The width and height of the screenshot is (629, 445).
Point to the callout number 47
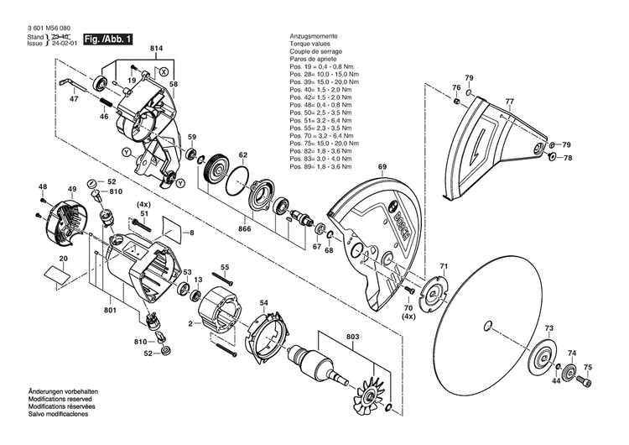[x=75, y=99]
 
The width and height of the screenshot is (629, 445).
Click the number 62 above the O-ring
[x=243, y=155]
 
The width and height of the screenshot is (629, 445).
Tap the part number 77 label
[x=508, y=102]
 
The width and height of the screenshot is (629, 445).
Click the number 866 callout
[x=244, y=228]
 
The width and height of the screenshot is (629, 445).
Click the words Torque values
[x=308, y=44]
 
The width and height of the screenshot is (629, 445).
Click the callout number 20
[x=63, y=259]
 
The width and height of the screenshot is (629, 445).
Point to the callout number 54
[x=263, y=302]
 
